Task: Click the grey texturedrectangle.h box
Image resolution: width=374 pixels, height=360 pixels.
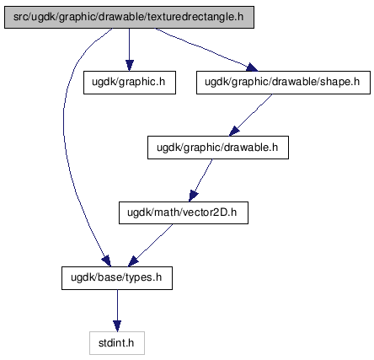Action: pos(129,17)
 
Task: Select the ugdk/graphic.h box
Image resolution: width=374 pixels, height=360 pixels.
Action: pos(130,83)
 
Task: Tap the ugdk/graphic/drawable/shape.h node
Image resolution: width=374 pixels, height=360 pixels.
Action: pos(283,83)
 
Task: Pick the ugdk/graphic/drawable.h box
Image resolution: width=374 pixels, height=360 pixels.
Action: pos(218,148)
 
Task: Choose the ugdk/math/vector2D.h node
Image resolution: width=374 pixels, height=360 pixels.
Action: pos(184,212)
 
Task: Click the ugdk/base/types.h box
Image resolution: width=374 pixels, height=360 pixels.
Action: pos(117,278)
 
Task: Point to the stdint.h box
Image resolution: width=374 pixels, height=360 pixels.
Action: pos(117,343)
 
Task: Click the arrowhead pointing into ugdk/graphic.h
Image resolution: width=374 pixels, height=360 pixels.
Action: pos(129,66)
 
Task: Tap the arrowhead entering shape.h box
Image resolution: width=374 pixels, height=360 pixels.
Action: pos(252,67)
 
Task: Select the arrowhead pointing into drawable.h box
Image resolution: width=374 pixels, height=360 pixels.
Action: pos(235,132)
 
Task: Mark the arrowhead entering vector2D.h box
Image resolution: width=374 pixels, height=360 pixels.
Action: pos(193,196)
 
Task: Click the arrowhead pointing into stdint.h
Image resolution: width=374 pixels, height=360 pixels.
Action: pos(117,326)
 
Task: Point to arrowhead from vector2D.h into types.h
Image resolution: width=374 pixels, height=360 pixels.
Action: pos(133,261)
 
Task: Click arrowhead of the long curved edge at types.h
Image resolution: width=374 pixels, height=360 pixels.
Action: pos(106,261)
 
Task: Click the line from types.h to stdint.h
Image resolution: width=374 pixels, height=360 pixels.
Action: pos(117,305)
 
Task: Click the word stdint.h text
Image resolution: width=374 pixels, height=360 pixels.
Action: pos(116,343)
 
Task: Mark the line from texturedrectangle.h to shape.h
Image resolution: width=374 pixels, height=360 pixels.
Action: pos(201,47)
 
